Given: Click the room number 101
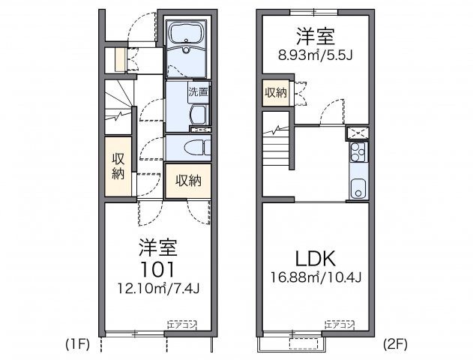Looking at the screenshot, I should tap(157, 268).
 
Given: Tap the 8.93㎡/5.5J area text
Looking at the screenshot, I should tap(316, 54).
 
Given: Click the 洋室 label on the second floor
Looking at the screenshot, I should tap(316, 35).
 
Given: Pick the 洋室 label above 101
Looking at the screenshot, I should tap(157, 247).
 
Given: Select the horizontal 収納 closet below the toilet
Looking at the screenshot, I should tap(188, 181).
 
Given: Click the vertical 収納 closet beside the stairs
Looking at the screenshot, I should tap(118, 166).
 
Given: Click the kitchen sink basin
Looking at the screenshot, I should tap(358, 187).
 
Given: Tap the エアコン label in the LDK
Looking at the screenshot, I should tap(339, 324).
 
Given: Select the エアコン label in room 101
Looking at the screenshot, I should tap(181, 324).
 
